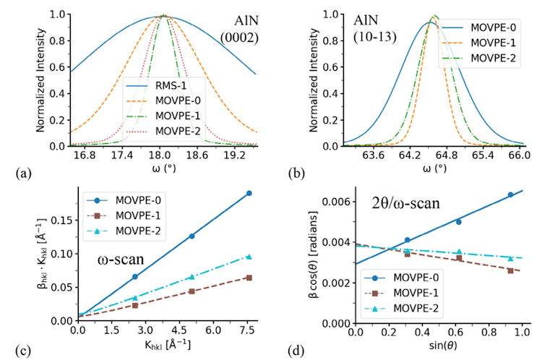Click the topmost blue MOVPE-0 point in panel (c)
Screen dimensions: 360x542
click(x=249, y=193)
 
